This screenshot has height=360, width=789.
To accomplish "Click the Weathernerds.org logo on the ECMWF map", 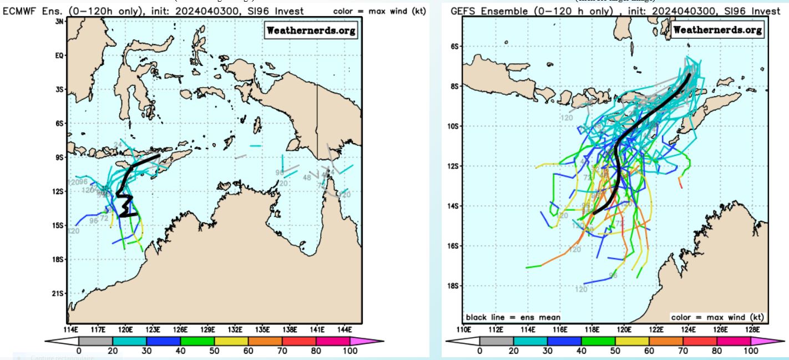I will point(311,31).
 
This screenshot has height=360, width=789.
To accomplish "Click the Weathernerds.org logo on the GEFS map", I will point(717,30).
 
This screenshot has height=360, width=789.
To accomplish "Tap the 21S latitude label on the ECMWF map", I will point(59,293).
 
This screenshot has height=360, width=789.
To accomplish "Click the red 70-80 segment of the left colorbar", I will point(299,339).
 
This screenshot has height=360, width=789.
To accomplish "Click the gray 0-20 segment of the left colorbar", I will point(95,339).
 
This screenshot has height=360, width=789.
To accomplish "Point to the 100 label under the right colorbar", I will point(750,351).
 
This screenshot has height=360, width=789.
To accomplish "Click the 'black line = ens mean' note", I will point(513,317).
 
